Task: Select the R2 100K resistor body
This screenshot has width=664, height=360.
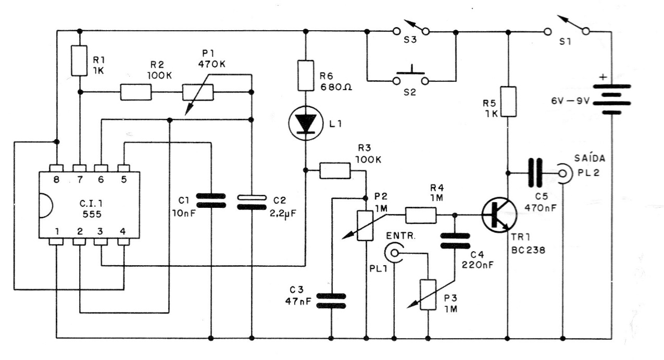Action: coord(136,92)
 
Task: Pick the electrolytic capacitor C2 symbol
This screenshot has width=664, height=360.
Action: coord(252,202)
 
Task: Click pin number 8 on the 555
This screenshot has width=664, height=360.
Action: coord(56,179)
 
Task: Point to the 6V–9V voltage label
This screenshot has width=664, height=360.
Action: coord(572,101)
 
